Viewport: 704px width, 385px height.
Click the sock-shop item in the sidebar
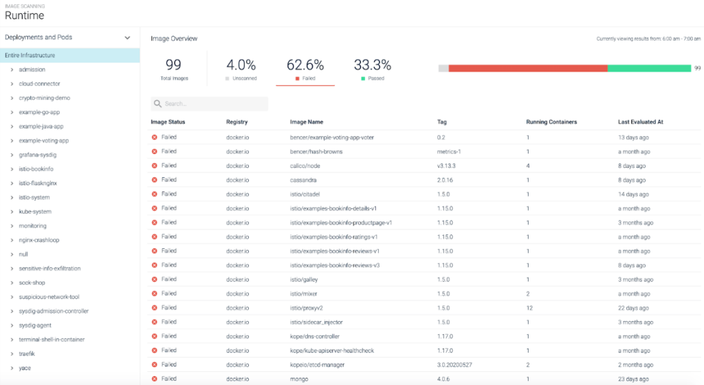(x=32, y=283)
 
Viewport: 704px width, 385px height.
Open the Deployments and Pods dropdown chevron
(x=127, y=38)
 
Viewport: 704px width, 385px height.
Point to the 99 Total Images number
(x=173, y=65)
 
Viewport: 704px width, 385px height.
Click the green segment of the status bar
(x=649, y=68)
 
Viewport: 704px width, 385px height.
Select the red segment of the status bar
(x=528, y=68)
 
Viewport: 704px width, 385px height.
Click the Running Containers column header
(x=551, y=122)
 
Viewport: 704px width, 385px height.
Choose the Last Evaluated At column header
(x=640, y=122)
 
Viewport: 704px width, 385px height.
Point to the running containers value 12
(x=529, y=307)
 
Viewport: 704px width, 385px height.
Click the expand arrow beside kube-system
(x=12, y=212)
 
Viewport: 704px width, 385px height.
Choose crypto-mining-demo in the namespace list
(x=45, y=98)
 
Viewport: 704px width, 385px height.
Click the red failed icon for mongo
(x=154, y=378)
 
